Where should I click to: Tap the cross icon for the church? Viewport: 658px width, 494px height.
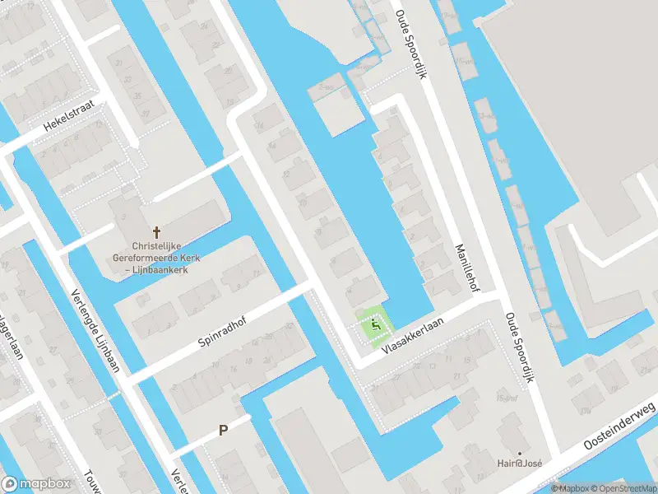pyautogui.click(x=156, y=233)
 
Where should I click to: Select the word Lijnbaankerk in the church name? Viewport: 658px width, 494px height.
pyautogui.click(x=168, y=269)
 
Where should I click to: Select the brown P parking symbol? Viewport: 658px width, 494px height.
pyautogui.click(x=222, y=430)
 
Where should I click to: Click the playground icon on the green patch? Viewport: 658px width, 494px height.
pyautogui.click(x=376, y=326)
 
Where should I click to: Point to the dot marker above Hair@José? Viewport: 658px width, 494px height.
pyautogui.click(x=520, y=453)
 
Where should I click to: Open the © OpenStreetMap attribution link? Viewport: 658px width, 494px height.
pyautogui.click(x=623, y=488)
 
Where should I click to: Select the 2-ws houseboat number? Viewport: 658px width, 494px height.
pyautogui.click(x=327, y=86)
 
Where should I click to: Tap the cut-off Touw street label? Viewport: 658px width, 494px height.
pyautogui.click(x=91, y=482)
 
